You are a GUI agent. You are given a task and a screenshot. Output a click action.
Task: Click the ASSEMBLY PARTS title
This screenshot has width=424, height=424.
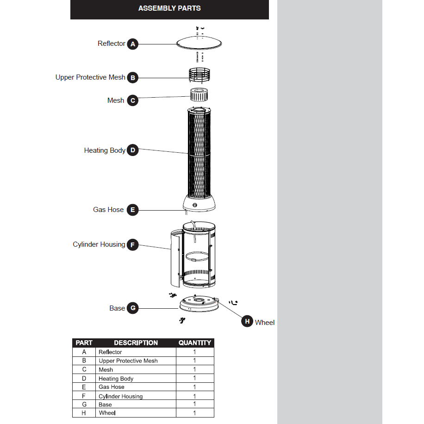click(x=169, y=8)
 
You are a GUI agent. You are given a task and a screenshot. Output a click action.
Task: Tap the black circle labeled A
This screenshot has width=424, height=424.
click(x=133, y=44)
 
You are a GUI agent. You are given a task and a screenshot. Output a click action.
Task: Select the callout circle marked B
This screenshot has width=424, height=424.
click(x=133, y=78)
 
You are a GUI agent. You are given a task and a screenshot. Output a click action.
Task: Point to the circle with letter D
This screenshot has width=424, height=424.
click(x=133, y=150)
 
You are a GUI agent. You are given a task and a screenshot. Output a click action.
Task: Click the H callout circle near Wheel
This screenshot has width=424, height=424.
click(x=247, y=321)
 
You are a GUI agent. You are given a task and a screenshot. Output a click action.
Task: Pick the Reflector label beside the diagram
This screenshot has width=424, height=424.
click(x=111, y=44)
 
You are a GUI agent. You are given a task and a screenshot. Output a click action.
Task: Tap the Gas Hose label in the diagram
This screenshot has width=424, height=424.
click(x=108, y=210)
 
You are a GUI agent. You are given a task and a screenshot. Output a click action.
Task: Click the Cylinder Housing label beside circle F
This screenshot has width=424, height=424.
click(x=99, y=244)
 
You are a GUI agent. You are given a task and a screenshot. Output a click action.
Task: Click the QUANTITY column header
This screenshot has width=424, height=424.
click(x=195, y=343)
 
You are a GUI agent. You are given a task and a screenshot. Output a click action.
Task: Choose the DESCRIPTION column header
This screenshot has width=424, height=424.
click(x=136, y=343)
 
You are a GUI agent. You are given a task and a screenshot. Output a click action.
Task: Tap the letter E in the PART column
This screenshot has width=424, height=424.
click(x=84, y=387)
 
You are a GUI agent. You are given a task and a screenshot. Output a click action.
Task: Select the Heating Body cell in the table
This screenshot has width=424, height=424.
click(x=116, y=379)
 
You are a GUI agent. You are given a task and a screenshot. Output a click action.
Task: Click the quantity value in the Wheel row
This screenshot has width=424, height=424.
click(x=195, y=413)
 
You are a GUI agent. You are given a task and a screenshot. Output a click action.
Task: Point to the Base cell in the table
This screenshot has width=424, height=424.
click(x=105, y=405)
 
